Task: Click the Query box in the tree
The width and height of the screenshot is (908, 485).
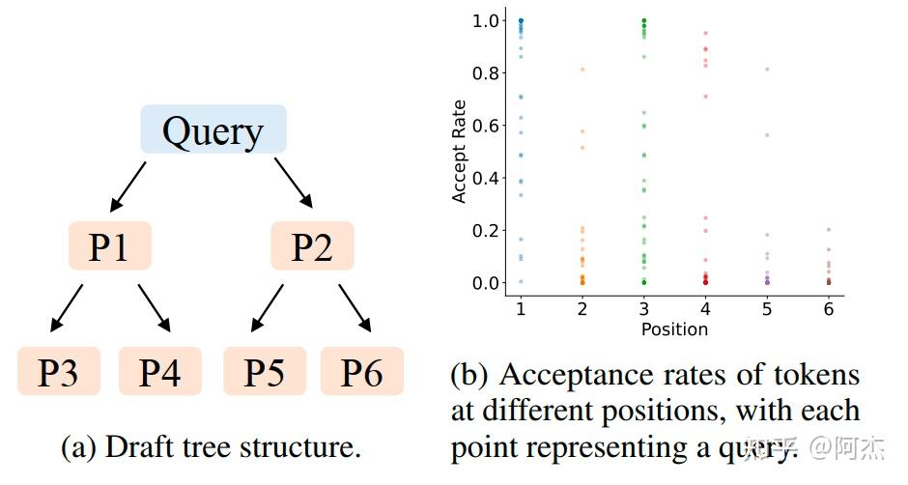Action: coord(213,129)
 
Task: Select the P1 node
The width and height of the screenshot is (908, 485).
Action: coord(109,246)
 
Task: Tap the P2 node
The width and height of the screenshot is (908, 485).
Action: coord(312,246)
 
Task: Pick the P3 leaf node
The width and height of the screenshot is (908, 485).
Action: coord(58,371)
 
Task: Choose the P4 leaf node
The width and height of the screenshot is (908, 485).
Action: coord(160,371)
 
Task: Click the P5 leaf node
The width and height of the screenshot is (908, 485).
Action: coord(265,371)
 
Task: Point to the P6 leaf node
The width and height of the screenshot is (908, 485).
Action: coord(362,371)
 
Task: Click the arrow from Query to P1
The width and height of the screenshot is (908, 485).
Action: coord(128,185)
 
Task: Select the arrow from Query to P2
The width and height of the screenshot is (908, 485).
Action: coord(293,184)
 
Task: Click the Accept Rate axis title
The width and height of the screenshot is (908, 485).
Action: coord(460,151)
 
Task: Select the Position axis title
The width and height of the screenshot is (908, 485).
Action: coord(674,329)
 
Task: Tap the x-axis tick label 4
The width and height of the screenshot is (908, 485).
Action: coord(705,309)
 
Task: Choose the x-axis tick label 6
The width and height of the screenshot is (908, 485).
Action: coord(828,309)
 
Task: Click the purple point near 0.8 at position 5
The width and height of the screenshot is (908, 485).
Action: coord(767,70)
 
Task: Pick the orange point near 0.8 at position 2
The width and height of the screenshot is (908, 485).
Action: coord(582,70)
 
